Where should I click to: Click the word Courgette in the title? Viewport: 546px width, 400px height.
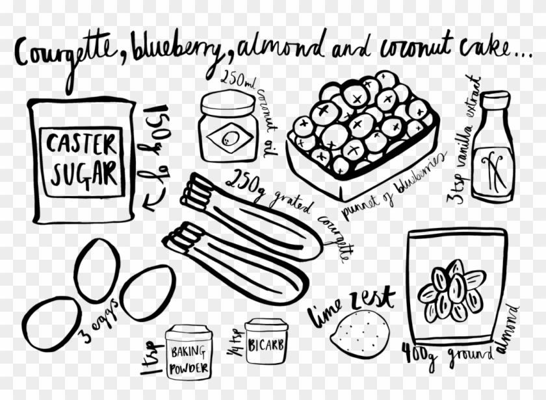[66, 52]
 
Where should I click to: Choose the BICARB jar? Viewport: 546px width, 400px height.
[266, 344]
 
